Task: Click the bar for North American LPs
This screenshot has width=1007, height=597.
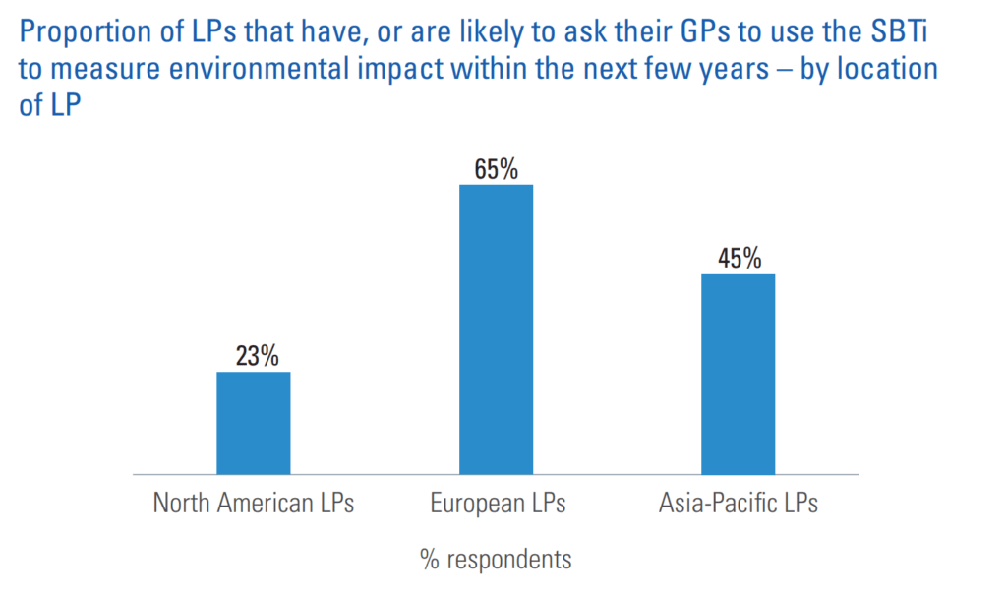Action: pos(253,422)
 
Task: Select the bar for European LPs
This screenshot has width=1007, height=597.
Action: pos(496,328)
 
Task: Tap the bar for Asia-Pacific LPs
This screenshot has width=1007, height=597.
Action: pos(738,374)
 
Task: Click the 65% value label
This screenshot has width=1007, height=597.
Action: pos(496,169)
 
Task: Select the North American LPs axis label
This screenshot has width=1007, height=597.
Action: pos(253,504)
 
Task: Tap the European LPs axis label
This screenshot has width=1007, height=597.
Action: pos(498,504)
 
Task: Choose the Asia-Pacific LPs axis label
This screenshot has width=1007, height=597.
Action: pos(738,504)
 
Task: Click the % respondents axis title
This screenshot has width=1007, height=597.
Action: pos(496,560)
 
